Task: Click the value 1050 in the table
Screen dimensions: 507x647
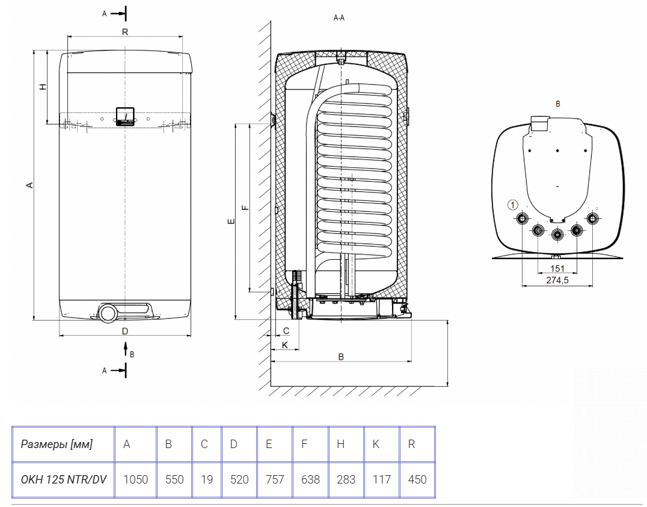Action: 135,479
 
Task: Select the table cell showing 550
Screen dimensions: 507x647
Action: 174,479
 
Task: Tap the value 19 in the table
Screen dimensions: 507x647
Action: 206,479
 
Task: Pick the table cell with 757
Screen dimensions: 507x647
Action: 274,479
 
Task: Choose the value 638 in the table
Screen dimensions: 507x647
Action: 310,479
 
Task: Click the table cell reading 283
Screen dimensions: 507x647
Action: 346,479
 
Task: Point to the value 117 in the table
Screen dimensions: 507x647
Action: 381,479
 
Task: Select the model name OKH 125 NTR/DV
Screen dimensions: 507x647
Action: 63,479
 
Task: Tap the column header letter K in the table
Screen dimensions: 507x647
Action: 375,444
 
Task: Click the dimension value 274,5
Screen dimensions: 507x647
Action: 557,280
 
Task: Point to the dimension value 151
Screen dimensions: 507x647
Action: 557,268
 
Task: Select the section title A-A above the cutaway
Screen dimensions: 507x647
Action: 339,19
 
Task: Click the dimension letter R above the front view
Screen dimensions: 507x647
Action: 124,32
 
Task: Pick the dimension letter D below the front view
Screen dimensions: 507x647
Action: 125,331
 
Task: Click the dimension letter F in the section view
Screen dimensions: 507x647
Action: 244,207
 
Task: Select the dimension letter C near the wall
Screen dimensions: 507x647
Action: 286,330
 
